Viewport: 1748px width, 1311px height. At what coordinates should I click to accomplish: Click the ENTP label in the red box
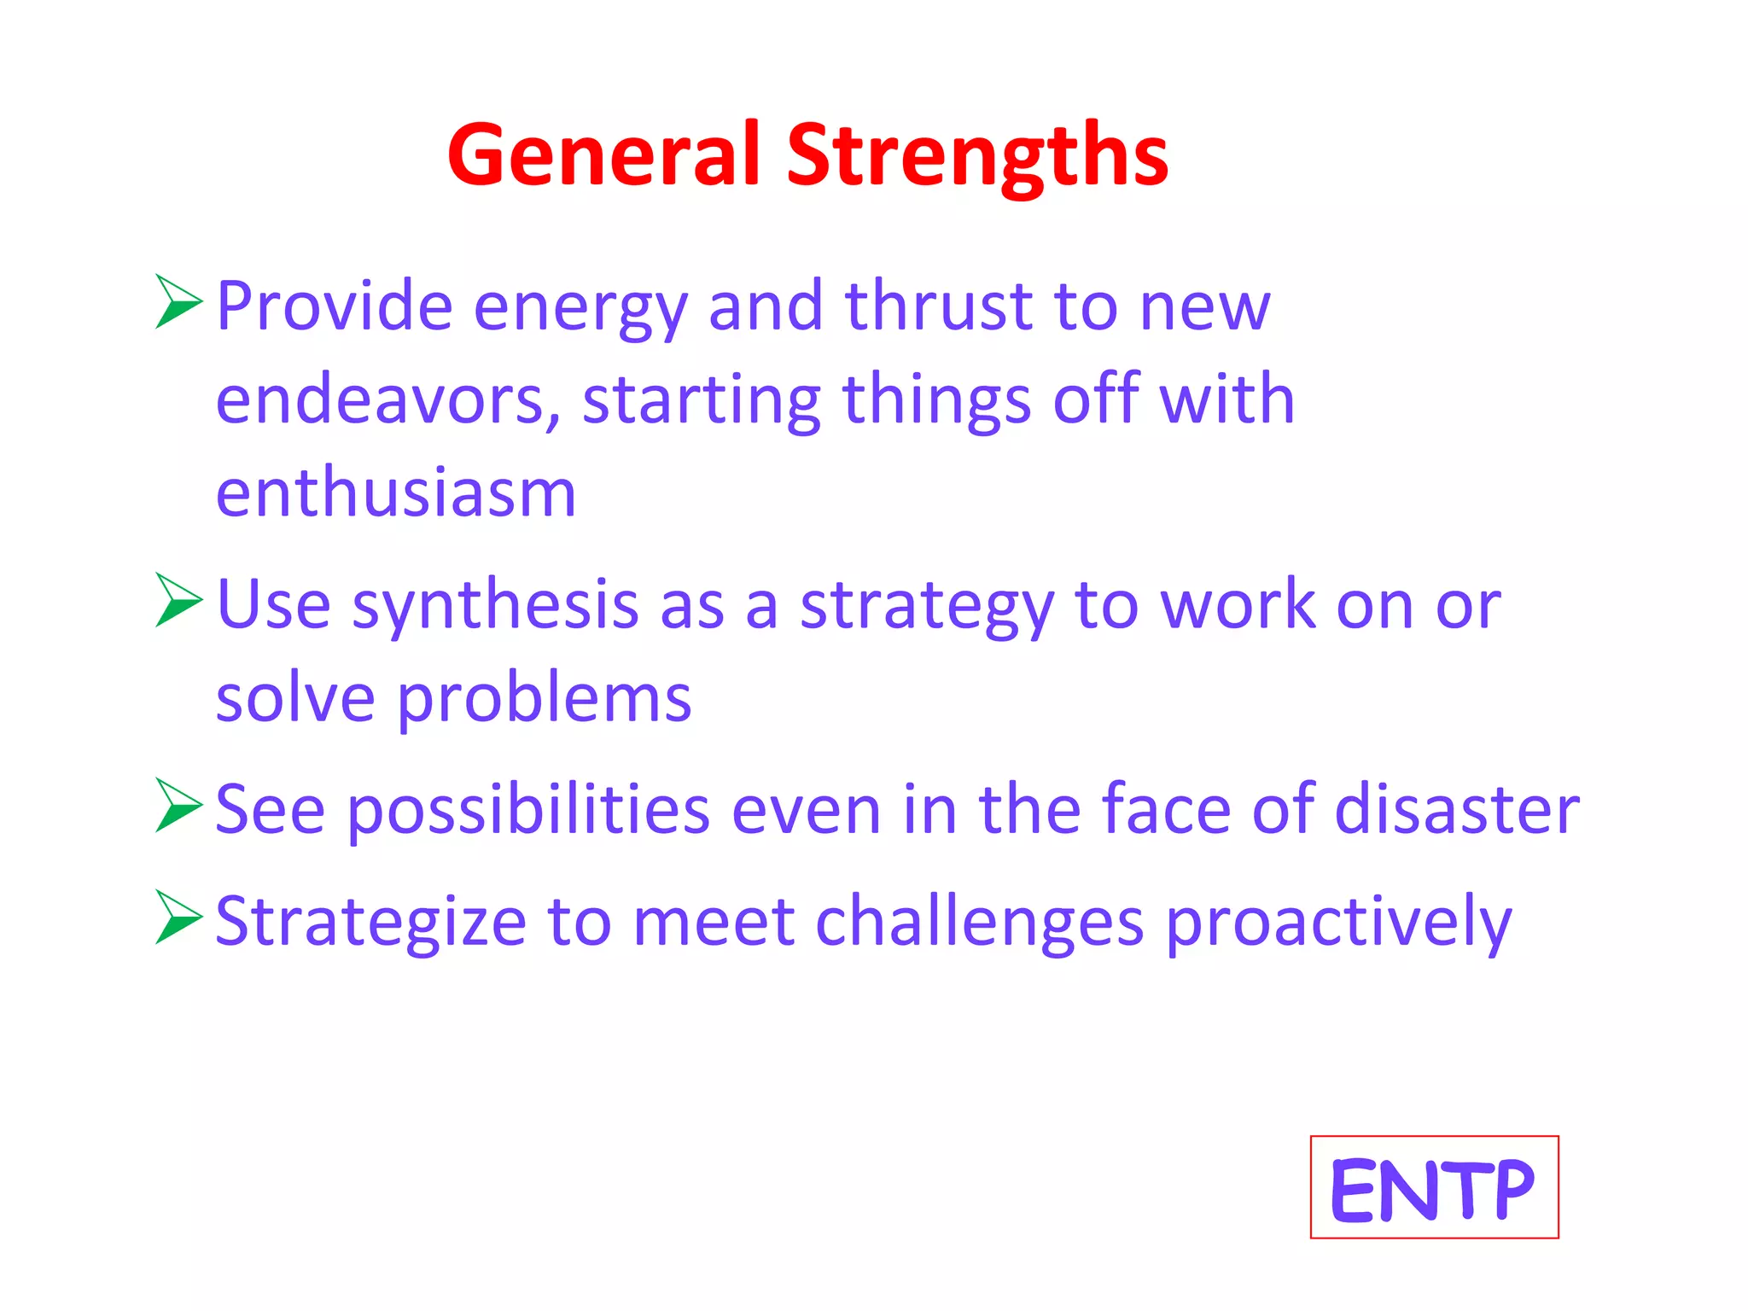tap(1433, 1188)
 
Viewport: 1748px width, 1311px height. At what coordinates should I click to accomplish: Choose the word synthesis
tap(495, 606)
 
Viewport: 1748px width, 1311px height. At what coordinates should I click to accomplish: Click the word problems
tap(545, 700)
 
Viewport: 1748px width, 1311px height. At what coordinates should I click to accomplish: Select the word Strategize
tap(370, 922)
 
